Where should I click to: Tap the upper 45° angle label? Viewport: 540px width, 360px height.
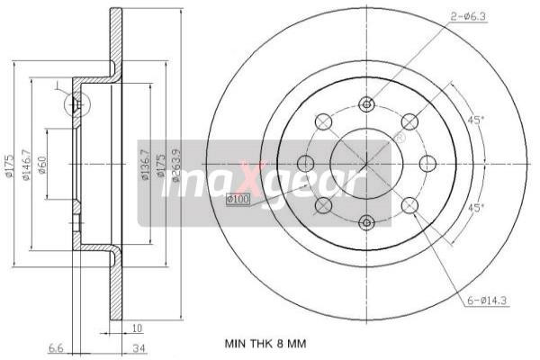coord(476,120)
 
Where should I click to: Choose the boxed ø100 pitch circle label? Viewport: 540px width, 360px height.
coord(238,199)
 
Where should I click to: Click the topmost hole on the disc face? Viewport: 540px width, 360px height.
coord(365,103)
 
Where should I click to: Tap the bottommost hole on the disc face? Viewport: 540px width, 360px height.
coord(365,222)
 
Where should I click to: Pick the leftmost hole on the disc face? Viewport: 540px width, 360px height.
coord(304,163)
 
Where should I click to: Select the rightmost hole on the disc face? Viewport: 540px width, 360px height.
coord(427,163)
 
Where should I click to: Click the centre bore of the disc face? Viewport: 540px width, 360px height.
coord(365,163)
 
